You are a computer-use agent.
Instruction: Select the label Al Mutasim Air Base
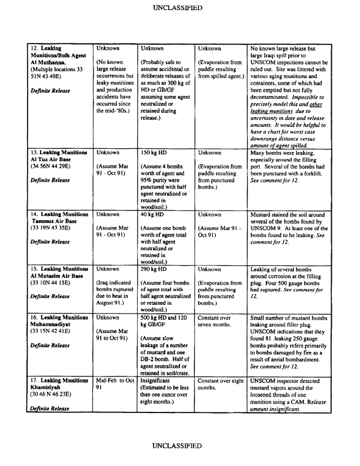58,275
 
